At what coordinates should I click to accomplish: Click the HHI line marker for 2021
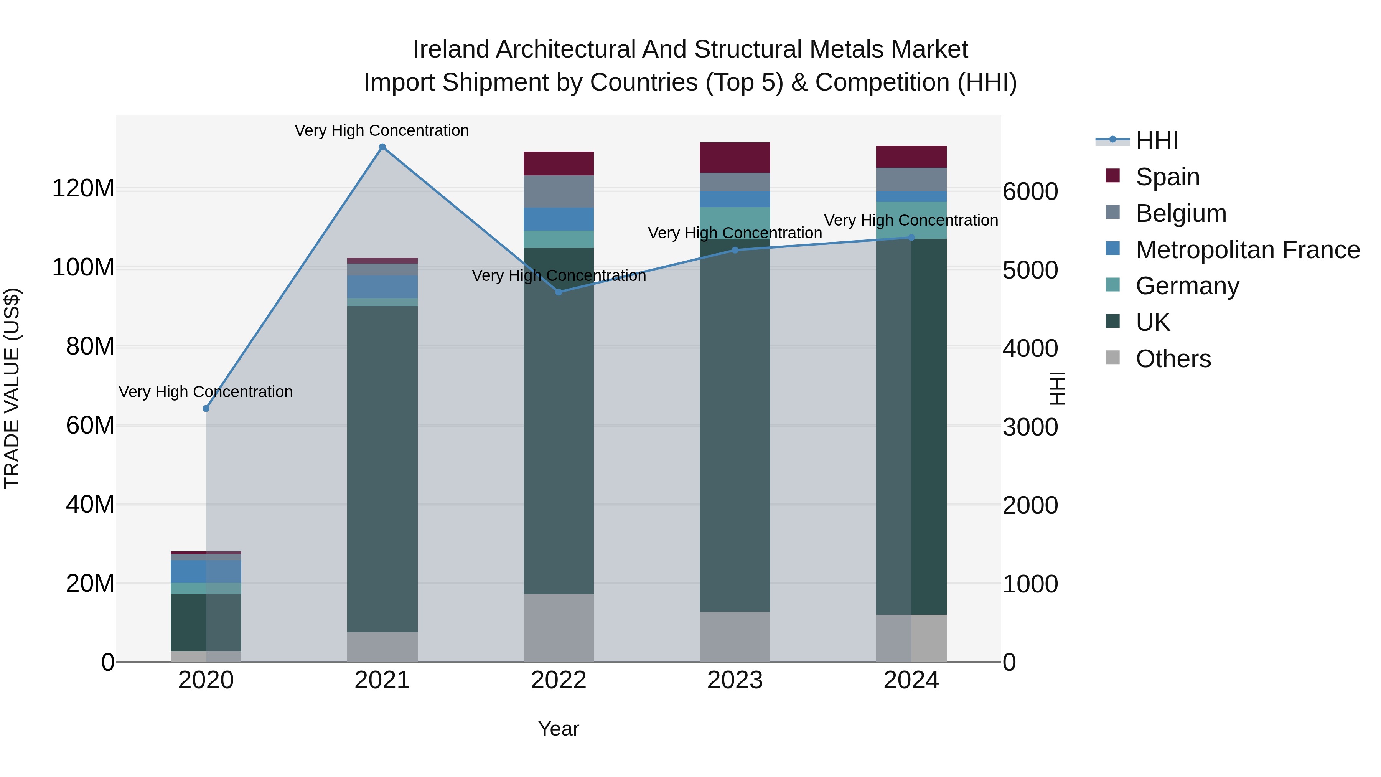click(x=382, y=147)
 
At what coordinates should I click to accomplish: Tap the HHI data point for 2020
click(x=206, y=409)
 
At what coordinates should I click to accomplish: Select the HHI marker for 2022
click(x=559, y=292)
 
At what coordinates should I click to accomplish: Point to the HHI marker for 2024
click(x=911, y=238)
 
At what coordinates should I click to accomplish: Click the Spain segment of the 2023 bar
click(x=735, y=158)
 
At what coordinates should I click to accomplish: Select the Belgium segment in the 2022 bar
click(x=559, y=191)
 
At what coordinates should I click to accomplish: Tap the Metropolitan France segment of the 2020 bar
click(x=206, y=572)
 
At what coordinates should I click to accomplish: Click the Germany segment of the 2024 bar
click(x=911, y=220)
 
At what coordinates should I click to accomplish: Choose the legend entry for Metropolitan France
click(x=1248, y=250)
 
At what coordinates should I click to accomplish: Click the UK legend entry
click(x=1153, y=322)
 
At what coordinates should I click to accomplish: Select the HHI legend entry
click(x=1156, y=140)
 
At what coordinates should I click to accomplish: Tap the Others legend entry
click(x=1173, y=359)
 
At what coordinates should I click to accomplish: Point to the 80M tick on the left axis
click(x=90, y=346)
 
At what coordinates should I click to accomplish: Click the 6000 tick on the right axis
click(x=1030, y=191)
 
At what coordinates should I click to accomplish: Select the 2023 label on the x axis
click(x=735, y=680)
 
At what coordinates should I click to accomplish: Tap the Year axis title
click(x=559, y=729)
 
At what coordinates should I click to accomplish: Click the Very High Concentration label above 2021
click(x=382, y=130)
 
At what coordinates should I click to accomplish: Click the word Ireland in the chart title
click(x=450, y=49)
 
